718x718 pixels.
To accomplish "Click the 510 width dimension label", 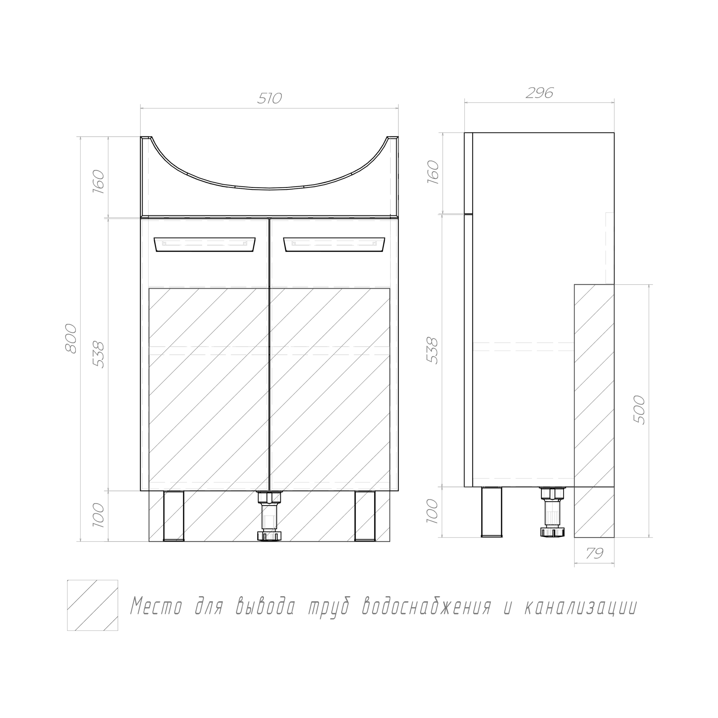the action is coord(270,98).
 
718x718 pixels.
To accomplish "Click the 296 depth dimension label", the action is coord(540,93).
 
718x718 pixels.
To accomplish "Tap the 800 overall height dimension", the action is coord(71,339).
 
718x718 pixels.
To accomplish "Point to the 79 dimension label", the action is coord(595,553).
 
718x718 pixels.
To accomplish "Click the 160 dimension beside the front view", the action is coord(98,179).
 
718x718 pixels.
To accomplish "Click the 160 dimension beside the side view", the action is coord(433,172).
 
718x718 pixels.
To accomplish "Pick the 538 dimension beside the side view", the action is coord(433,350).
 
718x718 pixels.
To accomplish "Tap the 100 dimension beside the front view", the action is coord(98,515).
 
